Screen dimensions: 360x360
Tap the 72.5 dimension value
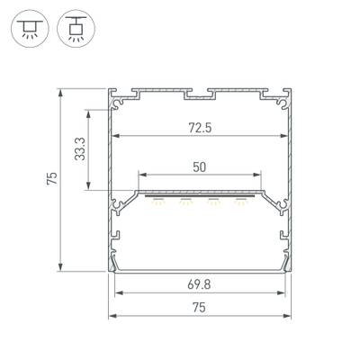pyautogui.click(x=201, y=127)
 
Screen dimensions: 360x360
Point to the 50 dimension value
pyautogui.click(x=201, y=166)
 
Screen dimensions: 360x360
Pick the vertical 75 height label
pyautogui.click(x=52, y=180)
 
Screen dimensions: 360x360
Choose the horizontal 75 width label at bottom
pyautogui.click(x=201, y=307)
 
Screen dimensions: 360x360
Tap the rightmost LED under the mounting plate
pyautogui.click(x=240, y=201)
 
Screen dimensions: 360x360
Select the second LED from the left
pyautogui.click(x=185, y=201)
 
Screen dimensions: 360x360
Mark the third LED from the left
pyautogui.click(x=213, y=201)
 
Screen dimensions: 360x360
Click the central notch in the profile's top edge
pyautogui.click(x=200, y=94)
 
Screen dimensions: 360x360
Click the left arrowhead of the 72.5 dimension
pyautogui.click(x=114, y=137)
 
